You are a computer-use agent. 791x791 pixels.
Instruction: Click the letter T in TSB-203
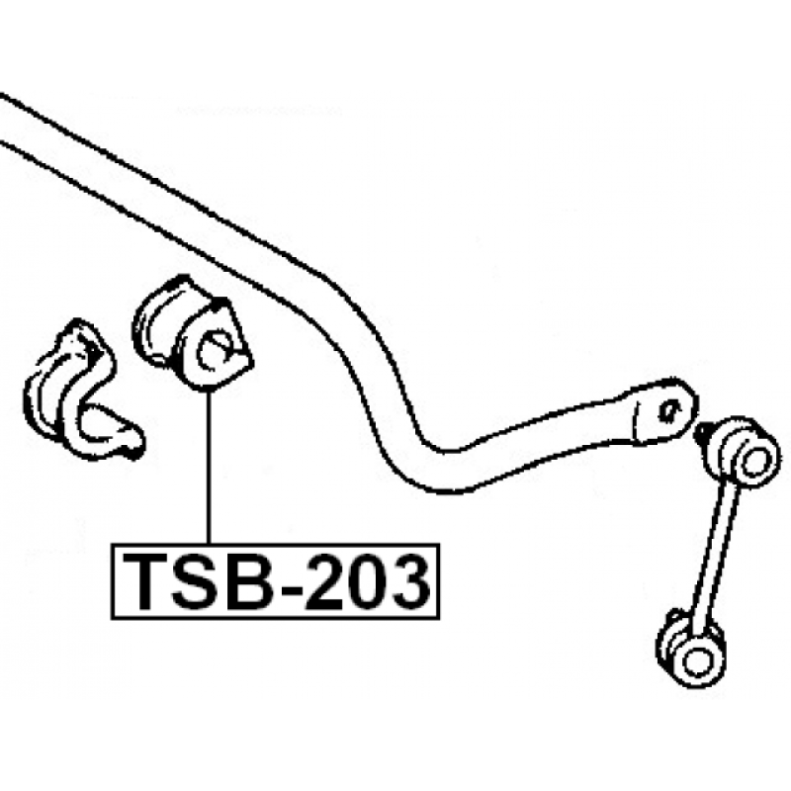click(x=145, y=581)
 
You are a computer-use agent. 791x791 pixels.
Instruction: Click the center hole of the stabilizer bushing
click(x=214, y=350)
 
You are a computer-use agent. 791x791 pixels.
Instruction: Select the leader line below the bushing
click(x=209, y=467)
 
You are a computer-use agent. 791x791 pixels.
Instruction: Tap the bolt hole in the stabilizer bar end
click(x=670, y=410)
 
